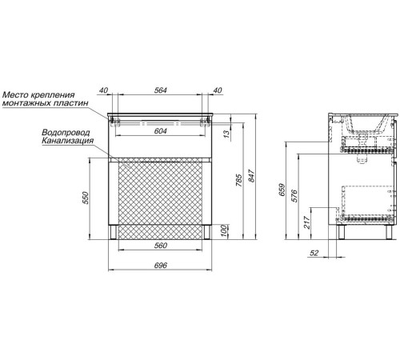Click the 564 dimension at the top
pos(161,90)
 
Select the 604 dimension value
pos(161,131)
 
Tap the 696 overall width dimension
pos(161,265)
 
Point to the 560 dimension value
pos(161,245)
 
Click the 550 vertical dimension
pos(86,198)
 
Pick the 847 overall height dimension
pos(252,176)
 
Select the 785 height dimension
pos(239,180)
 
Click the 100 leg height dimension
pos(224,231)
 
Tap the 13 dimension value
pos(226,134)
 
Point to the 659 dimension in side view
pos(282,190)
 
